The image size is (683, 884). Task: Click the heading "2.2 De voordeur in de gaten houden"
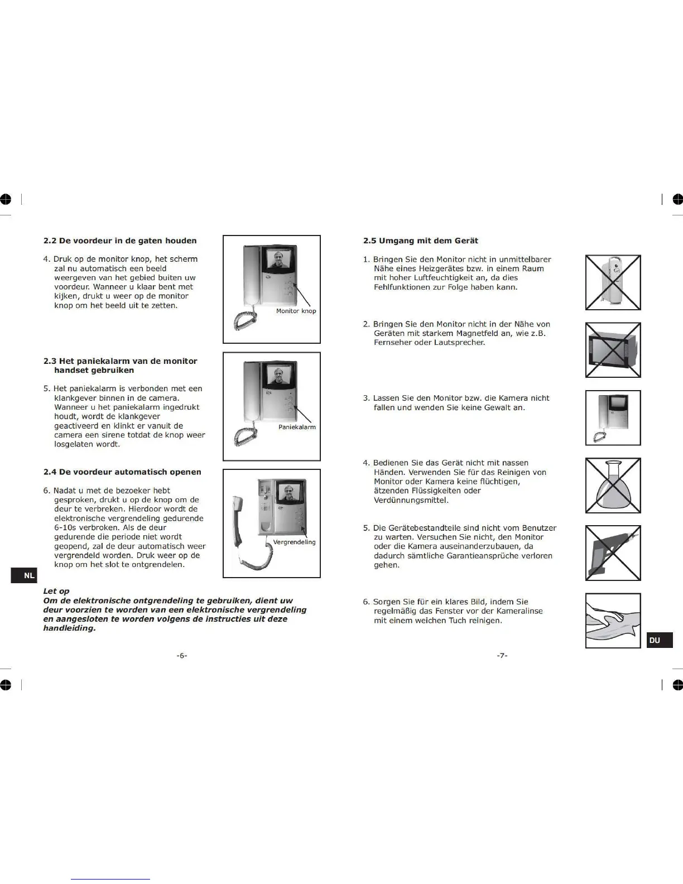click(x=120, y=241)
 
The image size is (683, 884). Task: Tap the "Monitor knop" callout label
click(x=296, y=311)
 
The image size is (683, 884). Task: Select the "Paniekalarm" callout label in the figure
click(x=297, y=427)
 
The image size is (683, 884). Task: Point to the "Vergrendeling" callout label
click(x=294, y=542)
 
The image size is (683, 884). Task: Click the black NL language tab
click(x=24, y=575)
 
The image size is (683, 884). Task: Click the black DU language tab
click(x=659, y=640)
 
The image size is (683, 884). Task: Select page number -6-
click(x=182, y=656)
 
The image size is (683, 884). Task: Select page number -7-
click(x=502, y=656)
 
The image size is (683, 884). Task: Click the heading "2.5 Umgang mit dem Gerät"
click(x=421, y=241)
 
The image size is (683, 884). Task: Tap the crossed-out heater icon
click(x=613, y=282)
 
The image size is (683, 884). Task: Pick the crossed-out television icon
click(x=613, y=350)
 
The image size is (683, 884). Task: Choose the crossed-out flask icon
click(x=613, y=486)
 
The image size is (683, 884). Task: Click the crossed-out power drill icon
click(x=613, y=553)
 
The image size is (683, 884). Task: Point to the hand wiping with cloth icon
click(x=613, y=621)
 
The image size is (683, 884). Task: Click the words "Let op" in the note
click(x=56, y=592)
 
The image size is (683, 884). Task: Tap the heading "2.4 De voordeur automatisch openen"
click(x=122, y=472)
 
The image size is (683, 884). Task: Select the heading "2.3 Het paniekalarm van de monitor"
click(x=120, y=362)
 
